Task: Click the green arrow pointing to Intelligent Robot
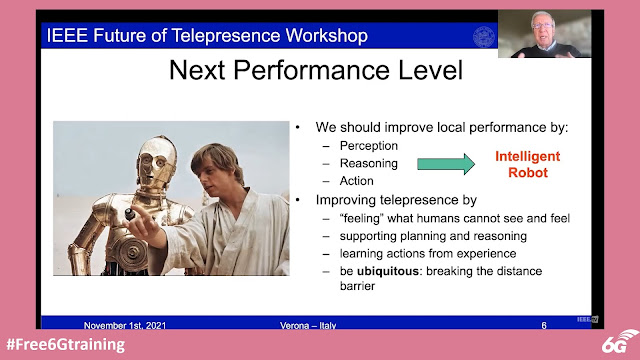tap(446, 164)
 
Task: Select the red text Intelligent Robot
tap(528, 164)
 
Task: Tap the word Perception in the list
tap(369, 146)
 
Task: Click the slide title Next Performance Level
tap(316, 70)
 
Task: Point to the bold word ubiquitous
tap(388, 271)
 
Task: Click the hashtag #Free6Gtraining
tap(66, 344)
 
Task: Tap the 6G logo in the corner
tap(620, 341)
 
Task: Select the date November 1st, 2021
tap(125, 325)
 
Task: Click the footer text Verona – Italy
tap(308, 325)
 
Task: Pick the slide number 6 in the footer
tap(544, 325)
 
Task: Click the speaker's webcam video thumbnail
tap(544, 33)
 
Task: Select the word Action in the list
tap(356, 181)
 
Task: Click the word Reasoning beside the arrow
tap(369, 163)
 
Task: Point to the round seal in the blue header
tap(484, 36)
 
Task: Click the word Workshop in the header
tap(327, 36)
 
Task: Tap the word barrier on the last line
tap(357, 286)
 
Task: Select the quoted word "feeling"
tap(362, 218)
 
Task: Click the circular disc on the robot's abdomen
tap(133, 250)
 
